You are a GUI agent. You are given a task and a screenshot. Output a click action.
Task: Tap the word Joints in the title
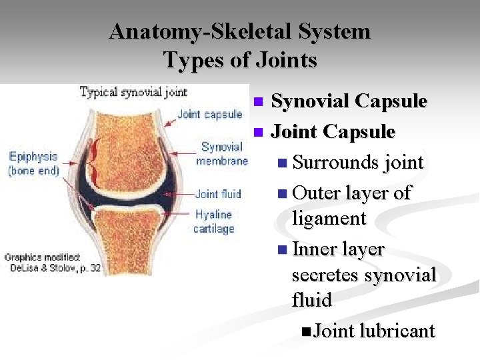[x=287, y=61]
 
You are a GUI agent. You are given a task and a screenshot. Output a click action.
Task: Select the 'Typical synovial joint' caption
[x=133, y=92]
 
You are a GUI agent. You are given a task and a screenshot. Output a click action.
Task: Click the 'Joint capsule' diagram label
[x=209, y=114]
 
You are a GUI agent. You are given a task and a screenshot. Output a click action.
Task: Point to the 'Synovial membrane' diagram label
[x=221, y=154]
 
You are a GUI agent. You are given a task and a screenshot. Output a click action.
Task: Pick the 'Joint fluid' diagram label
[x=217, y=194]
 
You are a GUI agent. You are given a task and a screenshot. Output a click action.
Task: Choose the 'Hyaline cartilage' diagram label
[x=213, y=221]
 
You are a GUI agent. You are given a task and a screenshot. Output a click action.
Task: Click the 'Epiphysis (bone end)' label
[x=33, y=163]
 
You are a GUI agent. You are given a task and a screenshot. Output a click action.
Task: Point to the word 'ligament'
[x=329, y=218]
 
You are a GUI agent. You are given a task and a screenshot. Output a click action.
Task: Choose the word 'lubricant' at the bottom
[x=397, y=331]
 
